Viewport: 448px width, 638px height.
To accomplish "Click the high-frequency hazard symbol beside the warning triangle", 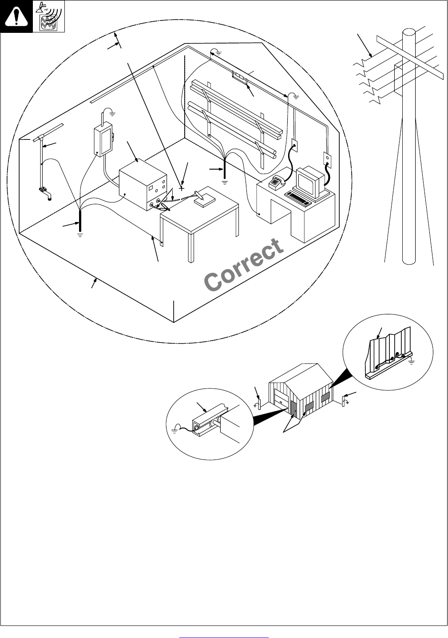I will [x=49, y=16].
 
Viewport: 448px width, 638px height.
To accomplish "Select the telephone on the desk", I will [x=277, y=182].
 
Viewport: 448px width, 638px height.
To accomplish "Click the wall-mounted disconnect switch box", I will [x=104, y=140].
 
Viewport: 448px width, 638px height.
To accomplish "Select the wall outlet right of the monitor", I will [x=327, y=158].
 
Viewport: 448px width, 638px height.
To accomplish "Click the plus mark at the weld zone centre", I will [x=182, y=188].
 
